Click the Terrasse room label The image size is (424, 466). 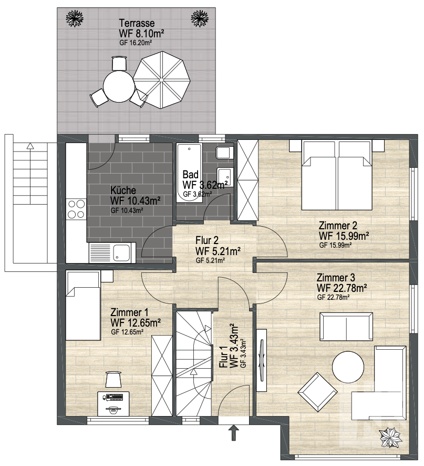point(137,23)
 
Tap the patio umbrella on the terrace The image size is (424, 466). point(161,80)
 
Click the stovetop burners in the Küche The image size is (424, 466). point(76,209)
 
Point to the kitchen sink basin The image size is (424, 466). point(122,252)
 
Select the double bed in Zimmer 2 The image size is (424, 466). point(337,175)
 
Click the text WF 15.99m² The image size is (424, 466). point(344,236)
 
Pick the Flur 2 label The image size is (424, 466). point(207,240)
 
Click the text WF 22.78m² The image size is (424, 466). point(342,288)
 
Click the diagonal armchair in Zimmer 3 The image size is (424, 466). point(318,392)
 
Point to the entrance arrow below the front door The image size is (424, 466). point(234,432)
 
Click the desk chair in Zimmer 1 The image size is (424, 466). point(113,379)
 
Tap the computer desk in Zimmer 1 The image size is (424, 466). point(113,403)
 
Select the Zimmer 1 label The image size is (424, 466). point(129,312)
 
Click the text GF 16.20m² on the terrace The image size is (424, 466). point(136,43)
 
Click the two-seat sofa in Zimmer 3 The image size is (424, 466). point(346,326)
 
